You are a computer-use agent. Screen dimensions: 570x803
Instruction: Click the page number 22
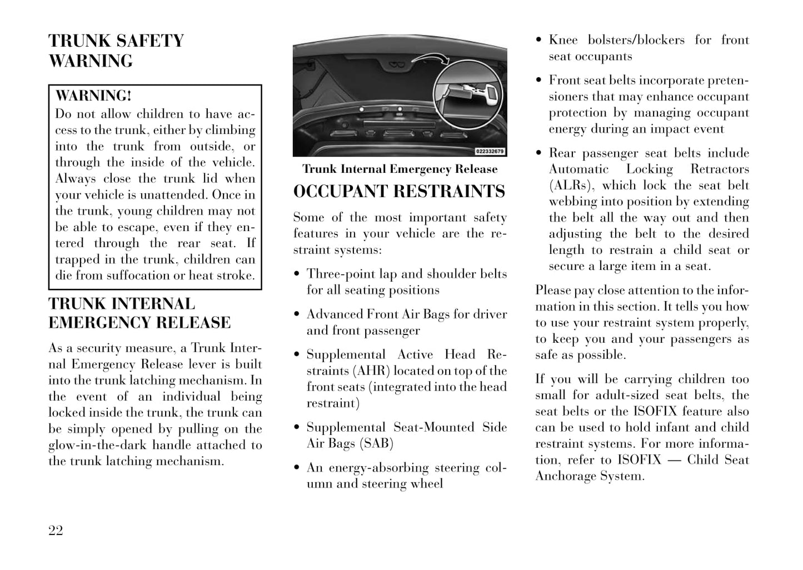point(56,531)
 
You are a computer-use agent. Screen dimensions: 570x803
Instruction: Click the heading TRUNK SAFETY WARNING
point(116,51)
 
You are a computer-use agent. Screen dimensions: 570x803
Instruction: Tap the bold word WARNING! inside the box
point(93,96)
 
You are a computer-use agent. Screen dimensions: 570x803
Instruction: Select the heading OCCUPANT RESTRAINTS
point(399,192)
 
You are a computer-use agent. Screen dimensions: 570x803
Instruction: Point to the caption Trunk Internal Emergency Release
point(400,169)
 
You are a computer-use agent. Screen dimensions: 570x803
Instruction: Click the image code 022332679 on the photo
point(490,151)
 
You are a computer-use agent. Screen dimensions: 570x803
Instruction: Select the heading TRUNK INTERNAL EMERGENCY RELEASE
point(139,313)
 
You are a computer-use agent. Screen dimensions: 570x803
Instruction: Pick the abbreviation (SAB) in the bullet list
point(376,443)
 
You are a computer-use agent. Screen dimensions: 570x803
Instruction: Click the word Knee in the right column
point(563,40)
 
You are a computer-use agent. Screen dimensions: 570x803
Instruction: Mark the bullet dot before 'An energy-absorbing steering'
point(297,468)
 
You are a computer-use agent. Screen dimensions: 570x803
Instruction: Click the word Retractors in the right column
point(720,169)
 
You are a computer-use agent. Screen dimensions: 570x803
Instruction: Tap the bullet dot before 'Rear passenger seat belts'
point(539,154)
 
